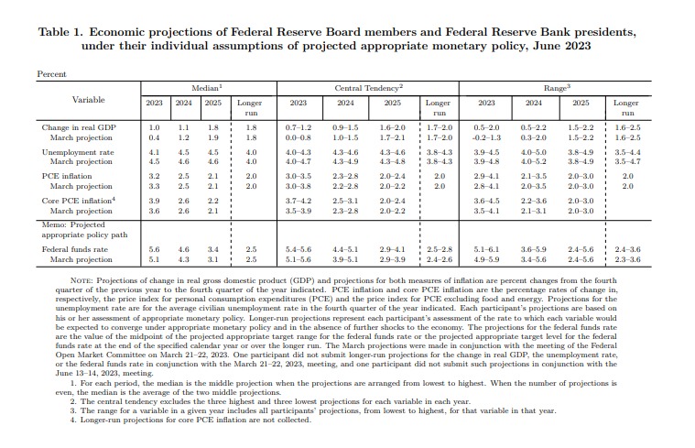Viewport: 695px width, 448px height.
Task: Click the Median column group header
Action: [x=202, y=85]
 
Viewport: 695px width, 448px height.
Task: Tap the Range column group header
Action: [x=556, y=85]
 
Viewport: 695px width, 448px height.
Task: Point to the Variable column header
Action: [x=88, y=99]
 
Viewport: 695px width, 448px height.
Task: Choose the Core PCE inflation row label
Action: [x=79, y=200]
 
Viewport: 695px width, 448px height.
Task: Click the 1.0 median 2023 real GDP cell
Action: [x=154, y=127]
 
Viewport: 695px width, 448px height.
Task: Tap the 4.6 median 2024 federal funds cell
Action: [x=183, y=248]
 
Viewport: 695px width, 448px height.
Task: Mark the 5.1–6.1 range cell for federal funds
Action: [x=487, y=248]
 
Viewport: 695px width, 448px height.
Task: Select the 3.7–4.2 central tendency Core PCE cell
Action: [x=299, y=200]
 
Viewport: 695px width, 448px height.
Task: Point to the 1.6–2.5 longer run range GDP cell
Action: [x=628, y=127]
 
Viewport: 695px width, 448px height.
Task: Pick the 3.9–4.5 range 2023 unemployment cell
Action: [x=487, y=152]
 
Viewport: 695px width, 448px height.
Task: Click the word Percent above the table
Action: [x=51, y=72]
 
